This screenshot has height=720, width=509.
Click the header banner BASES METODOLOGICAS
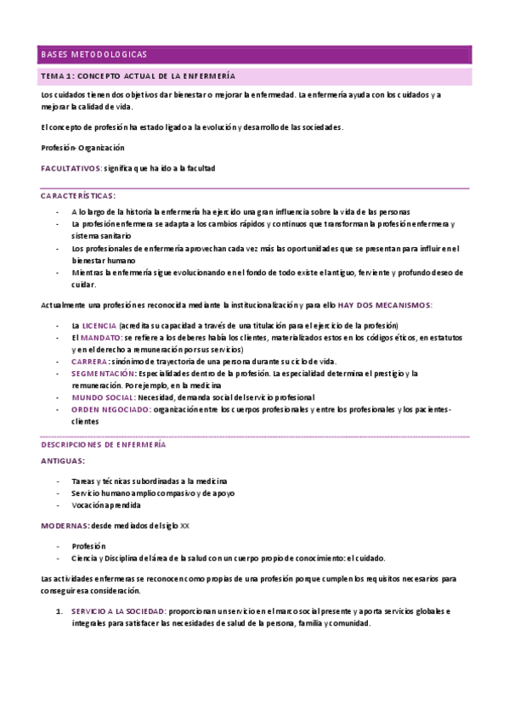click(x=93, y=54)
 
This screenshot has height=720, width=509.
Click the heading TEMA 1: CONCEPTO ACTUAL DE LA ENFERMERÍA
click(x=138, y=76)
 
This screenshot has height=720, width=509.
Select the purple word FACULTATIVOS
click(x=71, y=168)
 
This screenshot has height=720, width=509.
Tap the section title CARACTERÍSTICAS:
click(x=78, y=195)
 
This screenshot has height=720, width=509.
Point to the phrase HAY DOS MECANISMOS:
click(x=385, y=305)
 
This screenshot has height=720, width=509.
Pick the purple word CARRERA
click(x=89, y=362)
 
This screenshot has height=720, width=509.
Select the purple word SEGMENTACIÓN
click(x=103, y=374)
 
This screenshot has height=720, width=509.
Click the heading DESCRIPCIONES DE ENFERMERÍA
click(x=103, y=444)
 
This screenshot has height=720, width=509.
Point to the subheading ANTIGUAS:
click(x=62, y=460)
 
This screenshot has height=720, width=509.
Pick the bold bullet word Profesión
click(x=88, y=546)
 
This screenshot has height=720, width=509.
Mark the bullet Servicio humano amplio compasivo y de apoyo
click(x=140, y=492)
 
